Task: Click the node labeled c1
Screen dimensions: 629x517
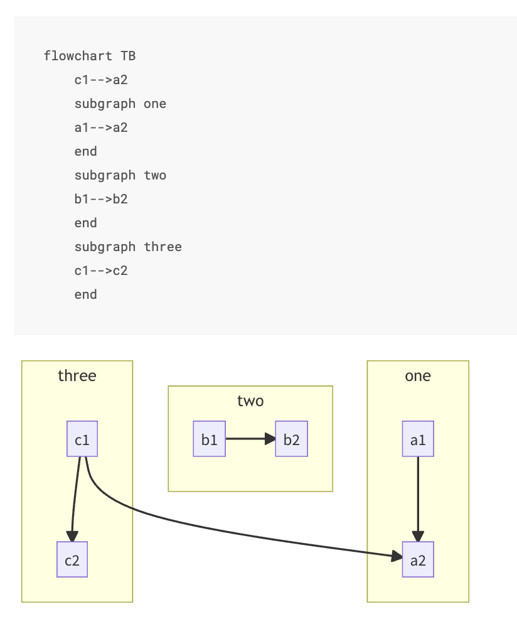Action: (x=82, y=439)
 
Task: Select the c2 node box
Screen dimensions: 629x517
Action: (x=72, y=559)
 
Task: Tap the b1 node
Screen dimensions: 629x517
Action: (x=209, y=439)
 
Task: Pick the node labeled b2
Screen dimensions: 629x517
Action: (x=291, y=439)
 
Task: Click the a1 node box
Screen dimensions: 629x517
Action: (x=418, y=439)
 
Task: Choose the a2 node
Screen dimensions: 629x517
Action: (x=418, y=559)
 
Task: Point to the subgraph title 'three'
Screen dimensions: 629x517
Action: (x=77, y=376)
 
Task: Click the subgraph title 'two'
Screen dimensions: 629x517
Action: (x=250, y=401)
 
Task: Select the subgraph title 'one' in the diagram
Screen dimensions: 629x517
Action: (x=418, y=376)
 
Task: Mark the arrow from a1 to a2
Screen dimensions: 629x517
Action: (x=418, y=496)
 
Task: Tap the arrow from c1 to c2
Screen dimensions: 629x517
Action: (x=75, y=496)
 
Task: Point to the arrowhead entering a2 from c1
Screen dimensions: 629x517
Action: (x=397, y=556)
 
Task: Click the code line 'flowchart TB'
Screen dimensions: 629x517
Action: (x=90, y=56)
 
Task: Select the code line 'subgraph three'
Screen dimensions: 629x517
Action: (x=128, y=247)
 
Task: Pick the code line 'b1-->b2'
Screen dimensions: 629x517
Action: (x=101, y=199)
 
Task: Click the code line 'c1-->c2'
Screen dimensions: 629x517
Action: (x=101, y=271)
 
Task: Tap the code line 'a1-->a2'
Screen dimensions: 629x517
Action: (x=101, y=127)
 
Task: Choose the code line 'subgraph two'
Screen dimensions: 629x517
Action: (x=120, y=175)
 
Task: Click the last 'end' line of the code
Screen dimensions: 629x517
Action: (x=86, y=294)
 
